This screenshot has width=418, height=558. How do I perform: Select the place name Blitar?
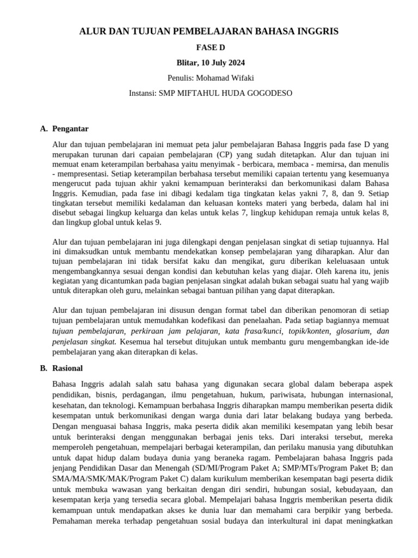pos(188,63)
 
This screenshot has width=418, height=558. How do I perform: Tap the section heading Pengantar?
pos(70,129)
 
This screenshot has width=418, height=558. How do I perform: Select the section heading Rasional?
pos(68,369)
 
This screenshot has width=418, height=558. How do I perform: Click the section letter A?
pos(43,129)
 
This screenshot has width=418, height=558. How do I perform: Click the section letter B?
pos(43,369)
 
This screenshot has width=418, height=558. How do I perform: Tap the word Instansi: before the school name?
pos(142,93)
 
